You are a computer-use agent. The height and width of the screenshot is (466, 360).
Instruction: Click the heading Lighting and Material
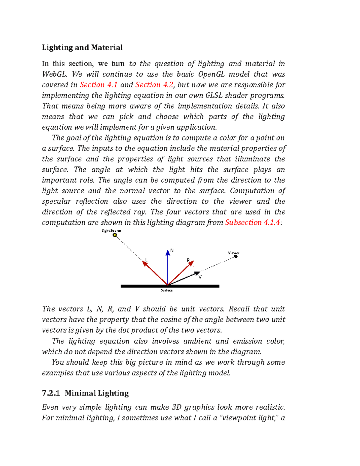82,47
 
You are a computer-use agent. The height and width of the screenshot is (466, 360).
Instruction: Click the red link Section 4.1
98,85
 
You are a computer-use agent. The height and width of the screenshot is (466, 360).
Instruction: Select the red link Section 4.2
154,85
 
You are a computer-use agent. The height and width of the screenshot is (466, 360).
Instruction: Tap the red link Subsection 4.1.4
253,222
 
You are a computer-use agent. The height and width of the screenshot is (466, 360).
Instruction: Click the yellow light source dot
115,235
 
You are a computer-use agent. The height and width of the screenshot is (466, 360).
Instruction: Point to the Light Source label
111,230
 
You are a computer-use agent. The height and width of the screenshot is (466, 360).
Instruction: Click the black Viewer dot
236,257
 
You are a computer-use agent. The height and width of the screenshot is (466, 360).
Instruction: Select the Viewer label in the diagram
234,253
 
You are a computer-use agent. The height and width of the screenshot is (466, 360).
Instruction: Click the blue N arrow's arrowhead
168,253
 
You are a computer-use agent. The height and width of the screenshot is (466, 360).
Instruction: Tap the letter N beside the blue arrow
172,250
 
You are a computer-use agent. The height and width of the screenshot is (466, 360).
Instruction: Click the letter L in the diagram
146,260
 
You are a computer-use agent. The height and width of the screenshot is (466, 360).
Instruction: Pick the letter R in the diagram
188,260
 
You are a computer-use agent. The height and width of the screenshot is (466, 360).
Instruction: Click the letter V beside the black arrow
200,277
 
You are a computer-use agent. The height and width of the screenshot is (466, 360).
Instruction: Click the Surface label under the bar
166,290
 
